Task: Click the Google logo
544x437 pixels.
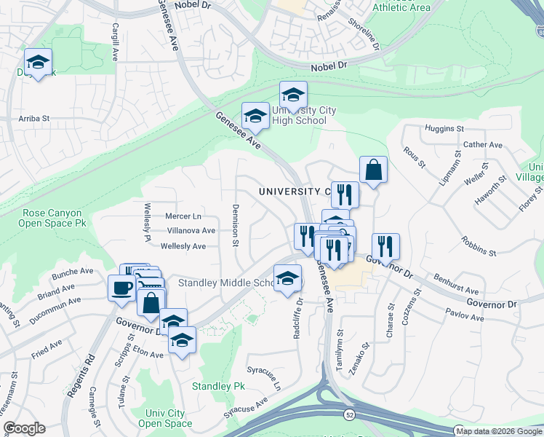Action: (x=24, y=428)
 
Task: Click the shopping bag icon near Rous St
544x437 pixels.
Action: (x=372, y=170)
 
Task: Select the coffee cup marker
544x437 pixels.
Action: (x=121, y=288)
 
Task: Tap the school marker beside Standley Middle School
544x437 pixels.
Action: (x=288, y=278)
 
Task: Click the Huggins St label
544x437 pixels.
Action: (x=443, y=129)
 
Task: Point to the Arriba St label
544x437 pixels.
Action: (x=33, y=118)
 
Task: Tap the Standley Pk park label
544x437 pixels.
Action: (x=217, y=385)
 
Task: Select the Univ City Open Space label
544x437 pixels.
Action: (x=165, y=418)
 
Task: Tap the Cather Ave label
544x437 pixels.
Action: (x=483, y=145)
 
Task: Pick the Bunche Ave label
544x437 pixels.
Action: (x=73, y=274)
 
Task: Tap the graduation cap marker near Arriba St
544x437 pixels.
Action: (x=39, y=62)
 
